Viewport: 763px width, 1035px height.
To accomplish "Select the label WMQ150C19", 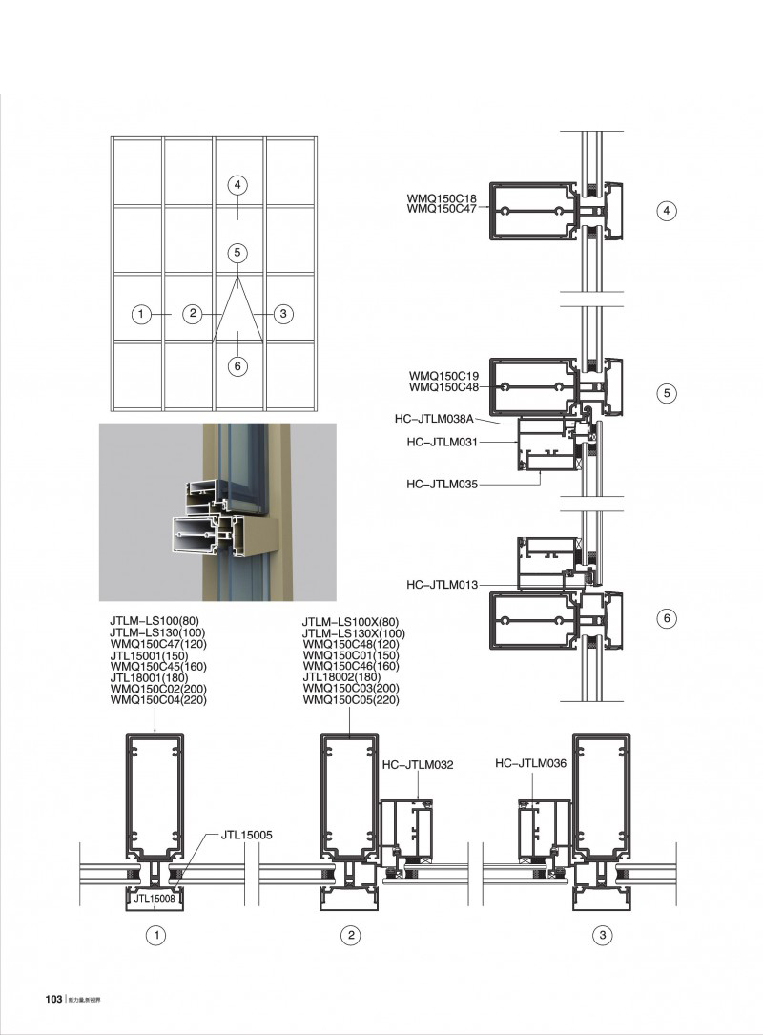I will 443,376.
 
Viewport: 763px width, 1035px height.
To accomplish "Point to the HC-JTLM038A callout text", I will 433,418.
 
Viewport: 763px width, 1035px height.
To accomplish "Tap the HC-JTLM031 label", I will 440,442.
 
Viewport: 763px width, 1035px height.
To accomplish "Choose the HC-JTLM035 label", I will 440,484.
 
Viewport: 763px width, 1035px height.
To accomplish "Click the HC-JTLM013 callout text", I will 440,585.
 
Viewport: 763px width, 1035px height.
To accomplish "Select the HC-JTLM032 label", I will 416,764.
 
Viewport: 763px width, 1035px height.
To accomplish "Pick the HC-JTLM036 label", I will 532,763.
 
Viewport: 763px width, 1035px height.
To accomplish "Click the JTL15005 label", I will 247,835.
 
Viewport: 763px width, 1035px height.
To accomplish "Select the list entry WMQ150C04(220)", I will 158,700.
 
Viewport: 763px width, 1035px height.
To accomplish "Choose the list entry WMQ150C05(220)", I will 351,700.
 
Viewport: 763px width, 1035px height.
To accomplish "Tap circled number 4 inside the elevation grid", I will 238,185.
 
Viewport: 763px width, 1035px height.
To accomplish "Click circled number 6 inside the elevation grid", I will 238,364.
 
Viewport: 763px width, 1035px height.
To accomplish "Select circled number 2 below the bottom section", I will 351,936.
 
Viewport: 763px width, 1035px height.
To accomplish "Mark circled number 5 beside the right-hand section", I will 667,393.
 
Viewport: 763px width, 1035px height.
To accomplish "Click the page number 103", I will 53,999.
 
